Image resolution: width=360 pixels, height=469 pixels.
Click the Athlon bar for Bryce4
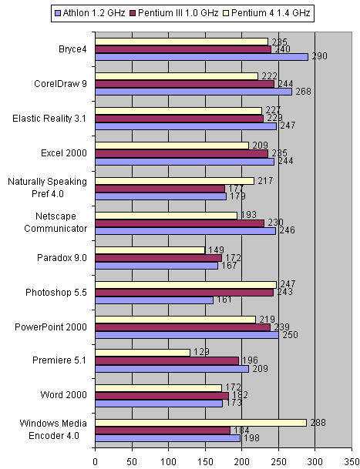coord(201,57)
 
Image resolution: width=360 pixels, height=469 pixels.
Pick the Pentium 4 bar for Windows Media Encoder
coord(200,423)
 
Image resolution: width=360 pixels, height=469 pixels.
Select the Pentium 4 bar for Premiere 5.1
coord(143,353)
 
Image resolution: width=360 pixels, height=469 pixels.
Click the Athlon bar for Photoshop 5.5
coord(154,300)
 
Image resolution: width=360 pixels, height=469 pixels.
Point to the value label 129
coord(200,353)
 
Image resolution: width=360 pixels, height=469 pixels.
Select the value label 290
coord(319,57)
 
